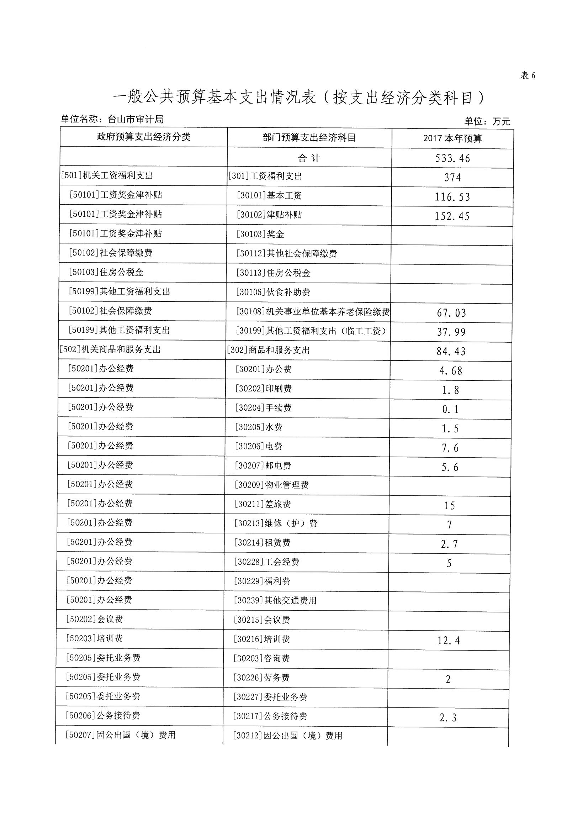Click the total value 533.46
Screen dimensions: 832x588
(452, 158)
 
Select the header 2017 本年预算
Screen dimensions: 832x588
(452, 138)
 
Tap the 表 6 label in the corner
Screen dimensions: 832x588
(528, 75)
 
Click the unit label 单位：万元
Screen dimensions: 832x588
(487, 121)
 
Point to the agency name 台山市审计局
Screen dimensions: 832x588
(136, 119)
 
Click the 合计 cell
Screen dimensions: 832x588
(309, 158)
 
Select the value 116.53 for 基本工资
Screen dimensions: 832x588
(452, 197)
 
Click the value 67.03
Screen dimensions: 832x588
(451, 313)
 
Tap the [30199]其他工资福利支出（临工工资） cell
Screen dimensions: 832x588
(311, 331)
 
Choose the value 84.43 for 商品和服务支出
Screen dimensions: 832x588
(451, 352)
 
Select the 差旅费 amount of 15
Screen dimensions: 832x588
(450, 506)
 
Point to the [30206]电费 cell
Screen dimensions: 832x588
(259, 447)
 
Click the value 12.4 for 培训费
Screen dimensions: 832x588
(449, 641)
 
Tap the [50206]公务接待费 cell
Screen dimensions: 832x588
(103, 715)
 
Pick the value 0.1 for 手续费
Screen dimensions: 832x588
(450, 410)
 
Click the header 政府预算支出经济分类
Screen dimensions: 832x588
(143, 137)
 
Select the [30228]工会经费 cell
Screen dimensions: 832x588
(267, 562)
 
